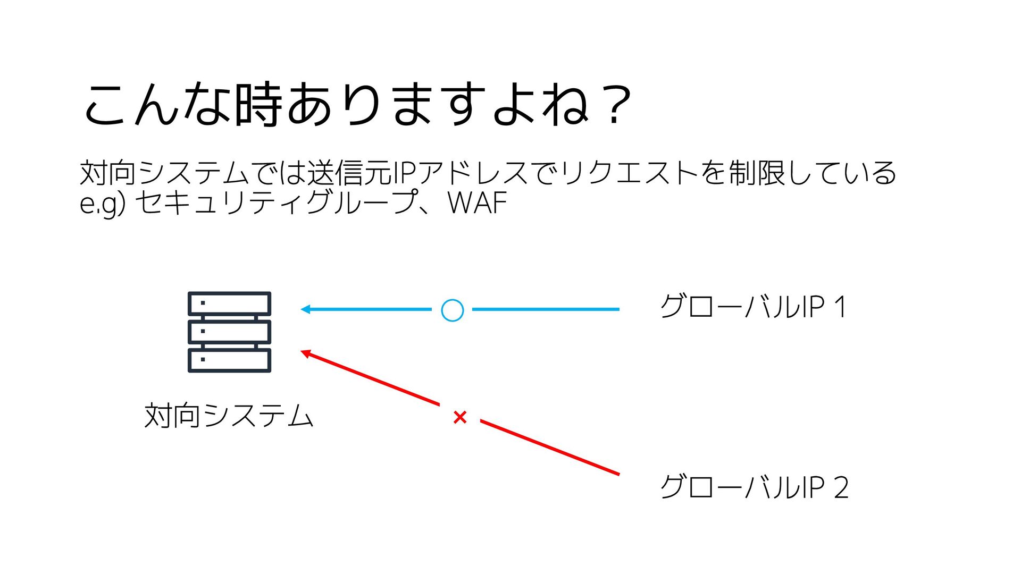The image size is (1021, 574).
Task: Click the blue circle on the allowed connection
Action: tap(452, 310)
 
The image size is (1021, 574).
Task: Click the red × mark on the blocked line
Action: tap(460, 417)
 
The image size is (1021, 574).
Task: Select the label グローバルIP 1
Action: tap(752, 307)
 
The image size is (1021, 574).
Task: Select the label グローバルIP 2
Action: tap(754, 487)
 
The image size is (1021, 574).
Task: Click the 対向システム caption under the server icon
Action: tap(229, 416)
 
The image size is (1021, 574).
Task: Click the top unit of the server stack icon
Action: tap(229, 303)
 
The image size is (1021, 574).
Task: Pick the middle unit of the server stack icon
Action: tap(229, 332)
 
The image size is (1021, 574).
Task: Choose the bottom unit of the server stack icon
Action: tap(229, 360)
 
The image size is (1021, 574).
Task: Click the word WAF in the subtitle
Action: tap(477, 203)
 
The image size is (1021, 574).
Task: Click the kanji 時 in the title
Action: tap(258, 105)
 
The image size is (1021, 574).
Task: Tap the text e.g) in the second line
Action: tap(102, 204)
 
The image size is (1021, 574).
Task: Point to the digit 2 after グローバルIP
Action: tap(841, 487)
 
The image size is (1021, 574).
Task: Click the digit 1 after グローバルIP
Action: tap(840, 307)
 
